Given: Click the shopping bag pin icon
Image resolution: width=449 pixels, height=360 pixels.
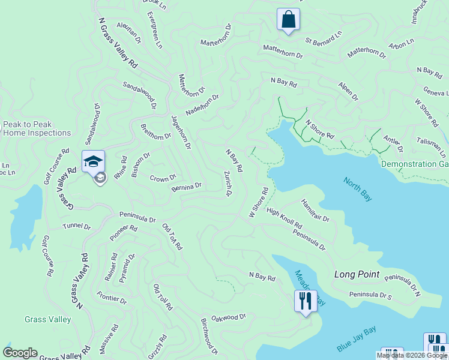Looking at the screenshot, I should click(x=288, y=19).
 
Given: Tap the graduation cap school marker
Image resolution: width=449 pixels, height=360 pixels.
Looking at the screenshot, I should click(x=93, y=161).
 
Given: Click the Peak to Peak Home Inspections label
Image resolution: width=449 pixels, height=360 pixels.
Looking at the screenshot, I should click(x=37, y=128).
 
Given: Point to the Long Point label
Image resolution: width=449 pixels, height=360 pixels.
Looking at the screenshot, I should click(x=357, y=274).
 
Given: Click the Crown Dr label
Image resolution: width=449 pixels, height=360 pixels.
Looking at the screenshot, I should click(x=163, y=178).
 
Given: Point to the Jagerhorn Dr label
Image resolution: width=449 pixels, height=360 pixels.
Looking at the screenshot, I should click(x=181, y=131).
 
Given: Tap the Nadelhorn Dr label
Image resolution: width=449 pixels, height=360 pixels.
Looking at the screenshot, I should click(x=202, y=104).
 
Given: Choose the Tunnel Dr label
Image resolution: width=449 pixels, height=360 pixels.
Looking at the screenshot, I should click(x=76, y=227).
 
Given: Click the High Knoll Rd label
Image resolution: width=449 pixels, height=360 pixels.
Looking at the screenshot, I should click(x=284, y=218).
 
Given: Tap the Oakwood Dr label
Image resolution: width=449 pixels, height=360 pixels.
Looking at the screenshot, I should click(x=229, y=316).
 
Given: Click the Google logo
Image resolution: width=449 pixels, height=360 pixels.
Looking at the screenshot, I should click(x=20, y=353).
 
